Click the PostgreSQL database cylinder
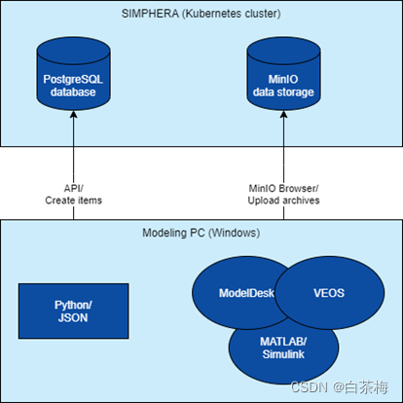point(73,73)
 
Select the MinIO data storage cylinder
point(282,73)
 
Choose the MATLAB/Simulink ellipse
point(281,347)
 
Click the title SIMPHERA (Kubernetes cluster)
point(201,13)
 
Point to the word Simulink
point(282,352)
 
